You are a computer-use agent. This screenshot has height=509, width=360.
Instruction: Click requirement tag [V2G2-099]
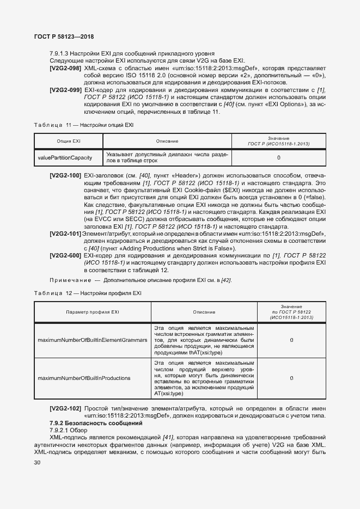point(65,89)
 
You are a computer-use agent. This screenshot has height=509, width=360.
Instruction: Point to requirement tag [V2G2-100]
point(65,176)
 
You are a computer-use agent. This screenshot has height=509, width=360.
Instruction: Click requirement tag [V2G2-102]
point(65,408)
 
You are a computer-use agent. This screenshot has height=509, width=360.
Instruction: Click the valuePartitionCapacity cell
point(65,158)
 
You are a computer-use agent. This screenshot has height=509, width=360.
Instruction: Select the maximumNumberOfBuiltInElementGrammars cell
point(92,340)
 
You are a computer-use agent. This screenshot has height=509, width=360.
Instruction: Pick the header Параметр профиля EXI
point(92,312)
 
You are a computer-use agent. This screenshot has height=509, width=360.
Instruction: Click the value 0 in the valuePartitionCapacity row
point(279,158)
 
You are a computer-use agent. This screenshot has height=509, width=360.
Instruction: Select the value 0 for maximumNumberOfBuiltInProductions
point(291,377)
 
